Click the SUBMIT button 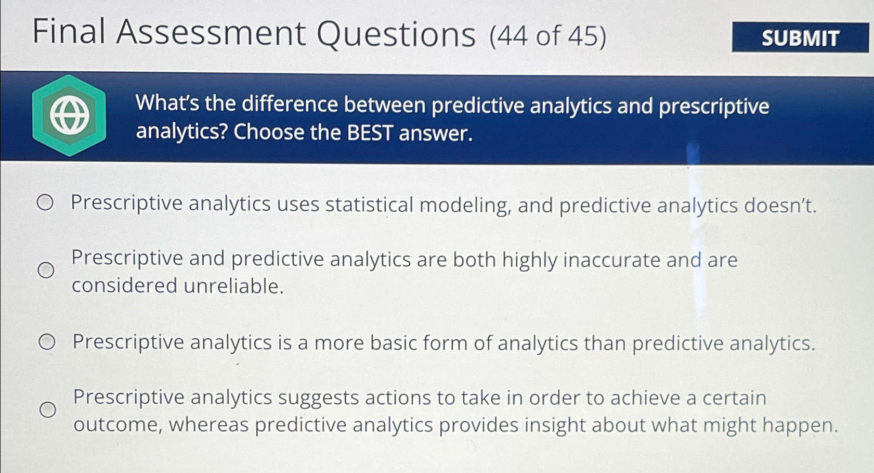pyautogui.click(x=800, y=37)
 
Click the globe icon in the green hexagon pyautogui.click(x=69, y=116)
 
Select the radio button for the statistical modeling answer pyautogui.click(x=45, y=202)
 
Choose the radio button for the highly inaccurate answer pyautogui.click(x=46, y=270)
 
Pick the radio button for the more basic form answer pyautogui.click(x=47, y=342)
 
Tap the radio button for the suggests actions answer pyautogui.click(x=48, y=410)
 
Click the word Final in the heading pyautogui.click(x=69, y=32)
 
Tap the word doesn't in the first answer pyautogui.click(x=779, y=206)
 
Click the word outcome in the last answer pyautogui.click(x=118, y=425)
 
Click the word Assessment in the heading pyautogui.click(x=211, y=33)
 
